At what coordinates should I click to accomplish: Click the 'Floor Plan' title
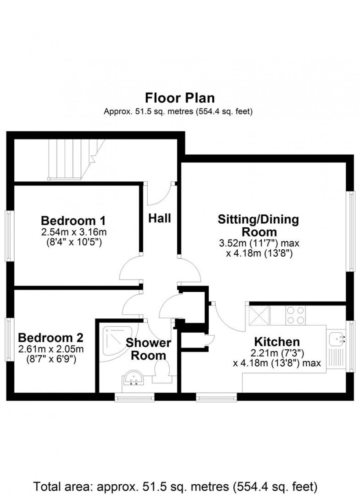coord(180,98)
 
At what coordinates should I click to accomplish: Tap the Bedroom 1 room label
coord(73,221)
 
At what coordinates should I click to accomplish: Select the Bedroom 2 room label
coord(51,337)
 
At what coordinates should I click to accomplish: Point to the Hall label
coord(160,218)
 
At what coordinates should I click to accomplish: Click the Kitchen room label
coord(277,342)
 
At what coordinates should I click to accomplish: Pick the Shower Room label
coord(148,349)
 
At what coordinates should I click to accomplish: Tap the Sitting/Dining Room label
coord(258,225)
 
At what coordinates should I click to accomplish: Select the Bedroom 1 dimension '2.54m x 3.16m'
coord(74,232)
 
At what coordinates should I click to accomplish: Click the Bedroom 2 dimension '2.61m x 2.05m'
coord(51,349)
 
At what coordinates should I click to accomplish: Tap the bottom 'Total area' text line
coord(176,487)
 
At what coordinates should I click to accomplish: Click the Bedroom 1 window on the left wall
coord(8,235)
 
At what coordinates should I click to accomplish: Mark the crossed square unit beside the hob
coord(259,315)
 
